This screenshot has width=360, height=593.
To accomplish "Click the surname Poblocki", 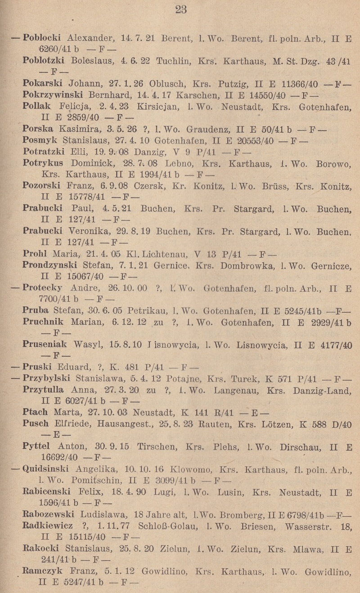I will pyautogui.click(x=44, y=38).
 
